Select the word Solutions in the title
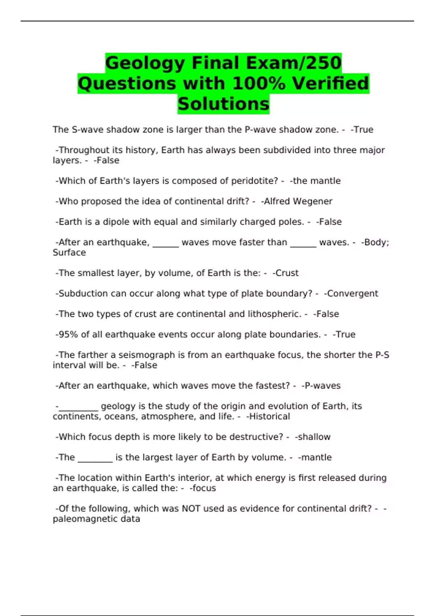[x=223, y=104]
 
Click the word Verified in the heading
[x=331, y=83]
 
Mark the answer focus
[x=204, y=488]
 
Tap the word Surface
[x=69, y=253]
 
